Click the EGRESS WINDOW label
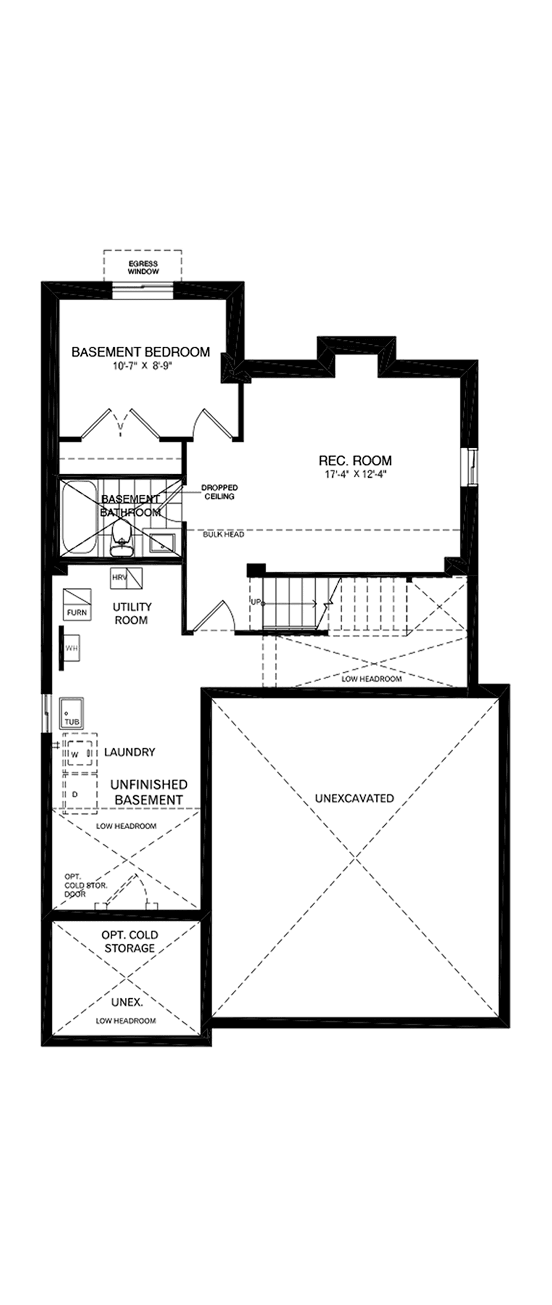point(143,268)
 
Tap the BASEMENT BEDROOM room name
point(141,351)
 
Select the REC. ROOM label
point(355,460)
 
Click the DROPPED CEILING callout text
point(219,492)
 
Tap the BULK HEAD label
point(223,535)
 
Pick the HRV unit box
point(126,578)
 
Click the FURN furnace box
point(77,603)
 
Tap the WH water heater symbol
point(71,648)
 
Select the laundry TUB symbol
point(71,713)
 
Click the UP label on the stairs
point(256,602)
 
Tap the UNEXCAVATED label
point(354,799)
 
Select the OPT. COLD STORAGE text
point(129,941)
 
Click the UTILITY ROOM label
point(131,613)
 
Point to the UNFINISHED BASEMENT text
point(149,792)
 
